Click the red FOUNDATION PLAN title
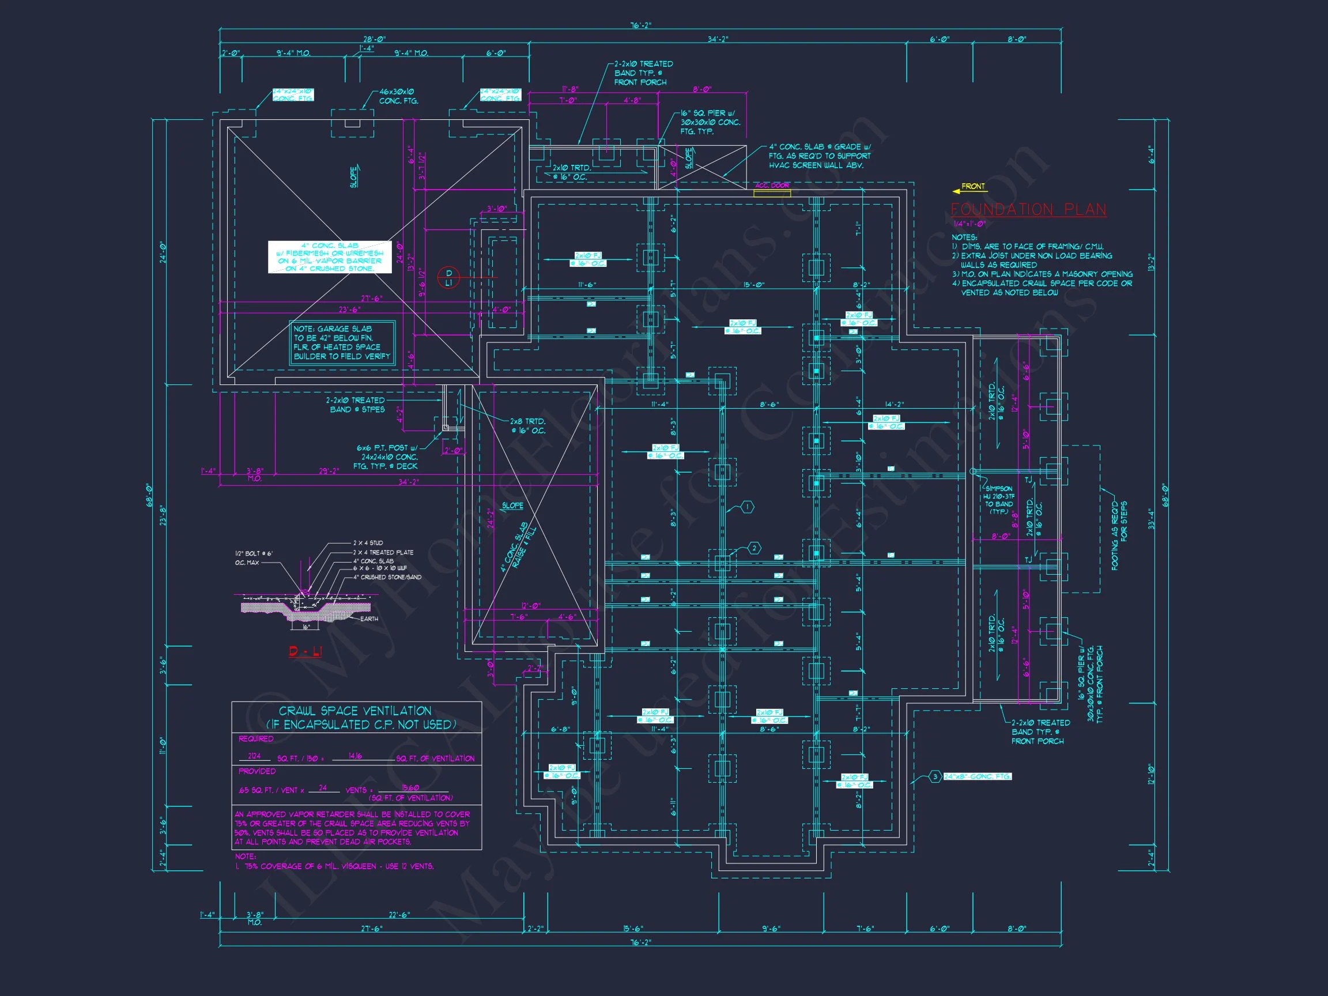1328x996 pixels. point(1028,210)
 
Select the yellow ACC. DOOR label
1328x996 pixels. point(772,186)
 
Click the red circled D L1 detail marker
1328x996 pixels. point(448,278)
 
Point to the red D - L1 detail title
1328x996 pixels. point(305,651)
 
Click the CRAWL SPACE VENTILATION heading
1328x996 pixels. point(355,711)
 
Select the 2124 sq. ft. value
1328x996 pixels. point(255,756)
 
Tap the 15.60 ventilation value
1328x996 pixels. point(410,788)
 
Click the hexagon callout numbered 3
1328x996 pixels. point(935,777)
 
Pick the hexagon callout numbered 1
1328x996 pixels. point(748,507)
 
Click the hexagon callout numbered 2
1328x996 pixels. point(754,548)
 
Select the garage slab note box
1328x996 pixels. point(342,343)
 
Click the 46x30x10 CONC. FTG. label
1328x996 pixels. point(399,97)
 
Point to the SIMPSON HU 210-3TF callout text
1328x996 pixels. point(998,500)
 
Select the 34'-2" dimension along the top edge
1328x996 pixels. point(718,40)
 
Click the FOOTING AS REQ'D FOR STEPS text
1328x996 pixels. point(1119,535)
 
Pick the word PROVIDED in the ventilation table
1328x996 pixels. point(257,771)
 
